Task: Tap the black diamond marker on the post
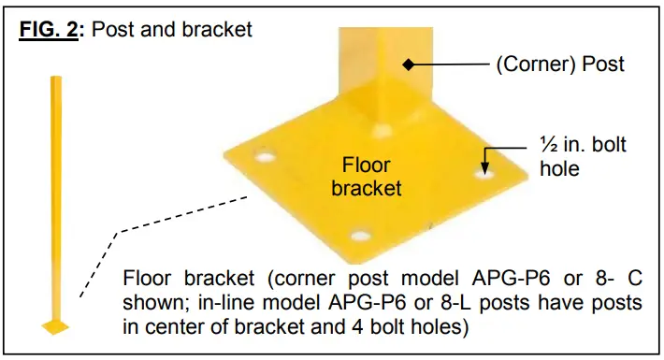pyautogui.click(x=407, y=65)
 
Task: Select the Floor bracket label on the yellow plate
pyautogui.click(x=372, y=177)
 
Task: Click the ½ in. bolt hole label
pyautogui.click(x=583, y=156)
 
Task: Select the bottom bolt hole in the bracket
pyautogui.click(x=356, y=238)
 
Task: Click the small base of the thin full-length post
pyautogui.click(x=55, y=326)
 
